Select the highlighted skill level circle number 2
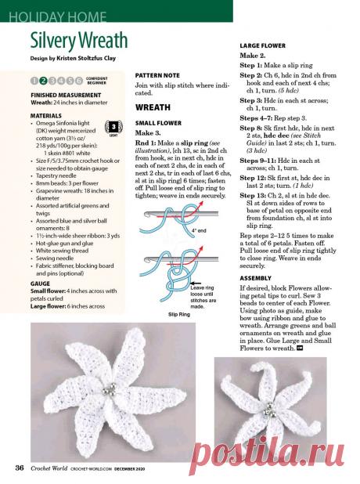[43, 81]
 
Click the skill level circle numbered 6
[79, 81]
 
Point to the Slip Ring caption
[182, 313]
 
